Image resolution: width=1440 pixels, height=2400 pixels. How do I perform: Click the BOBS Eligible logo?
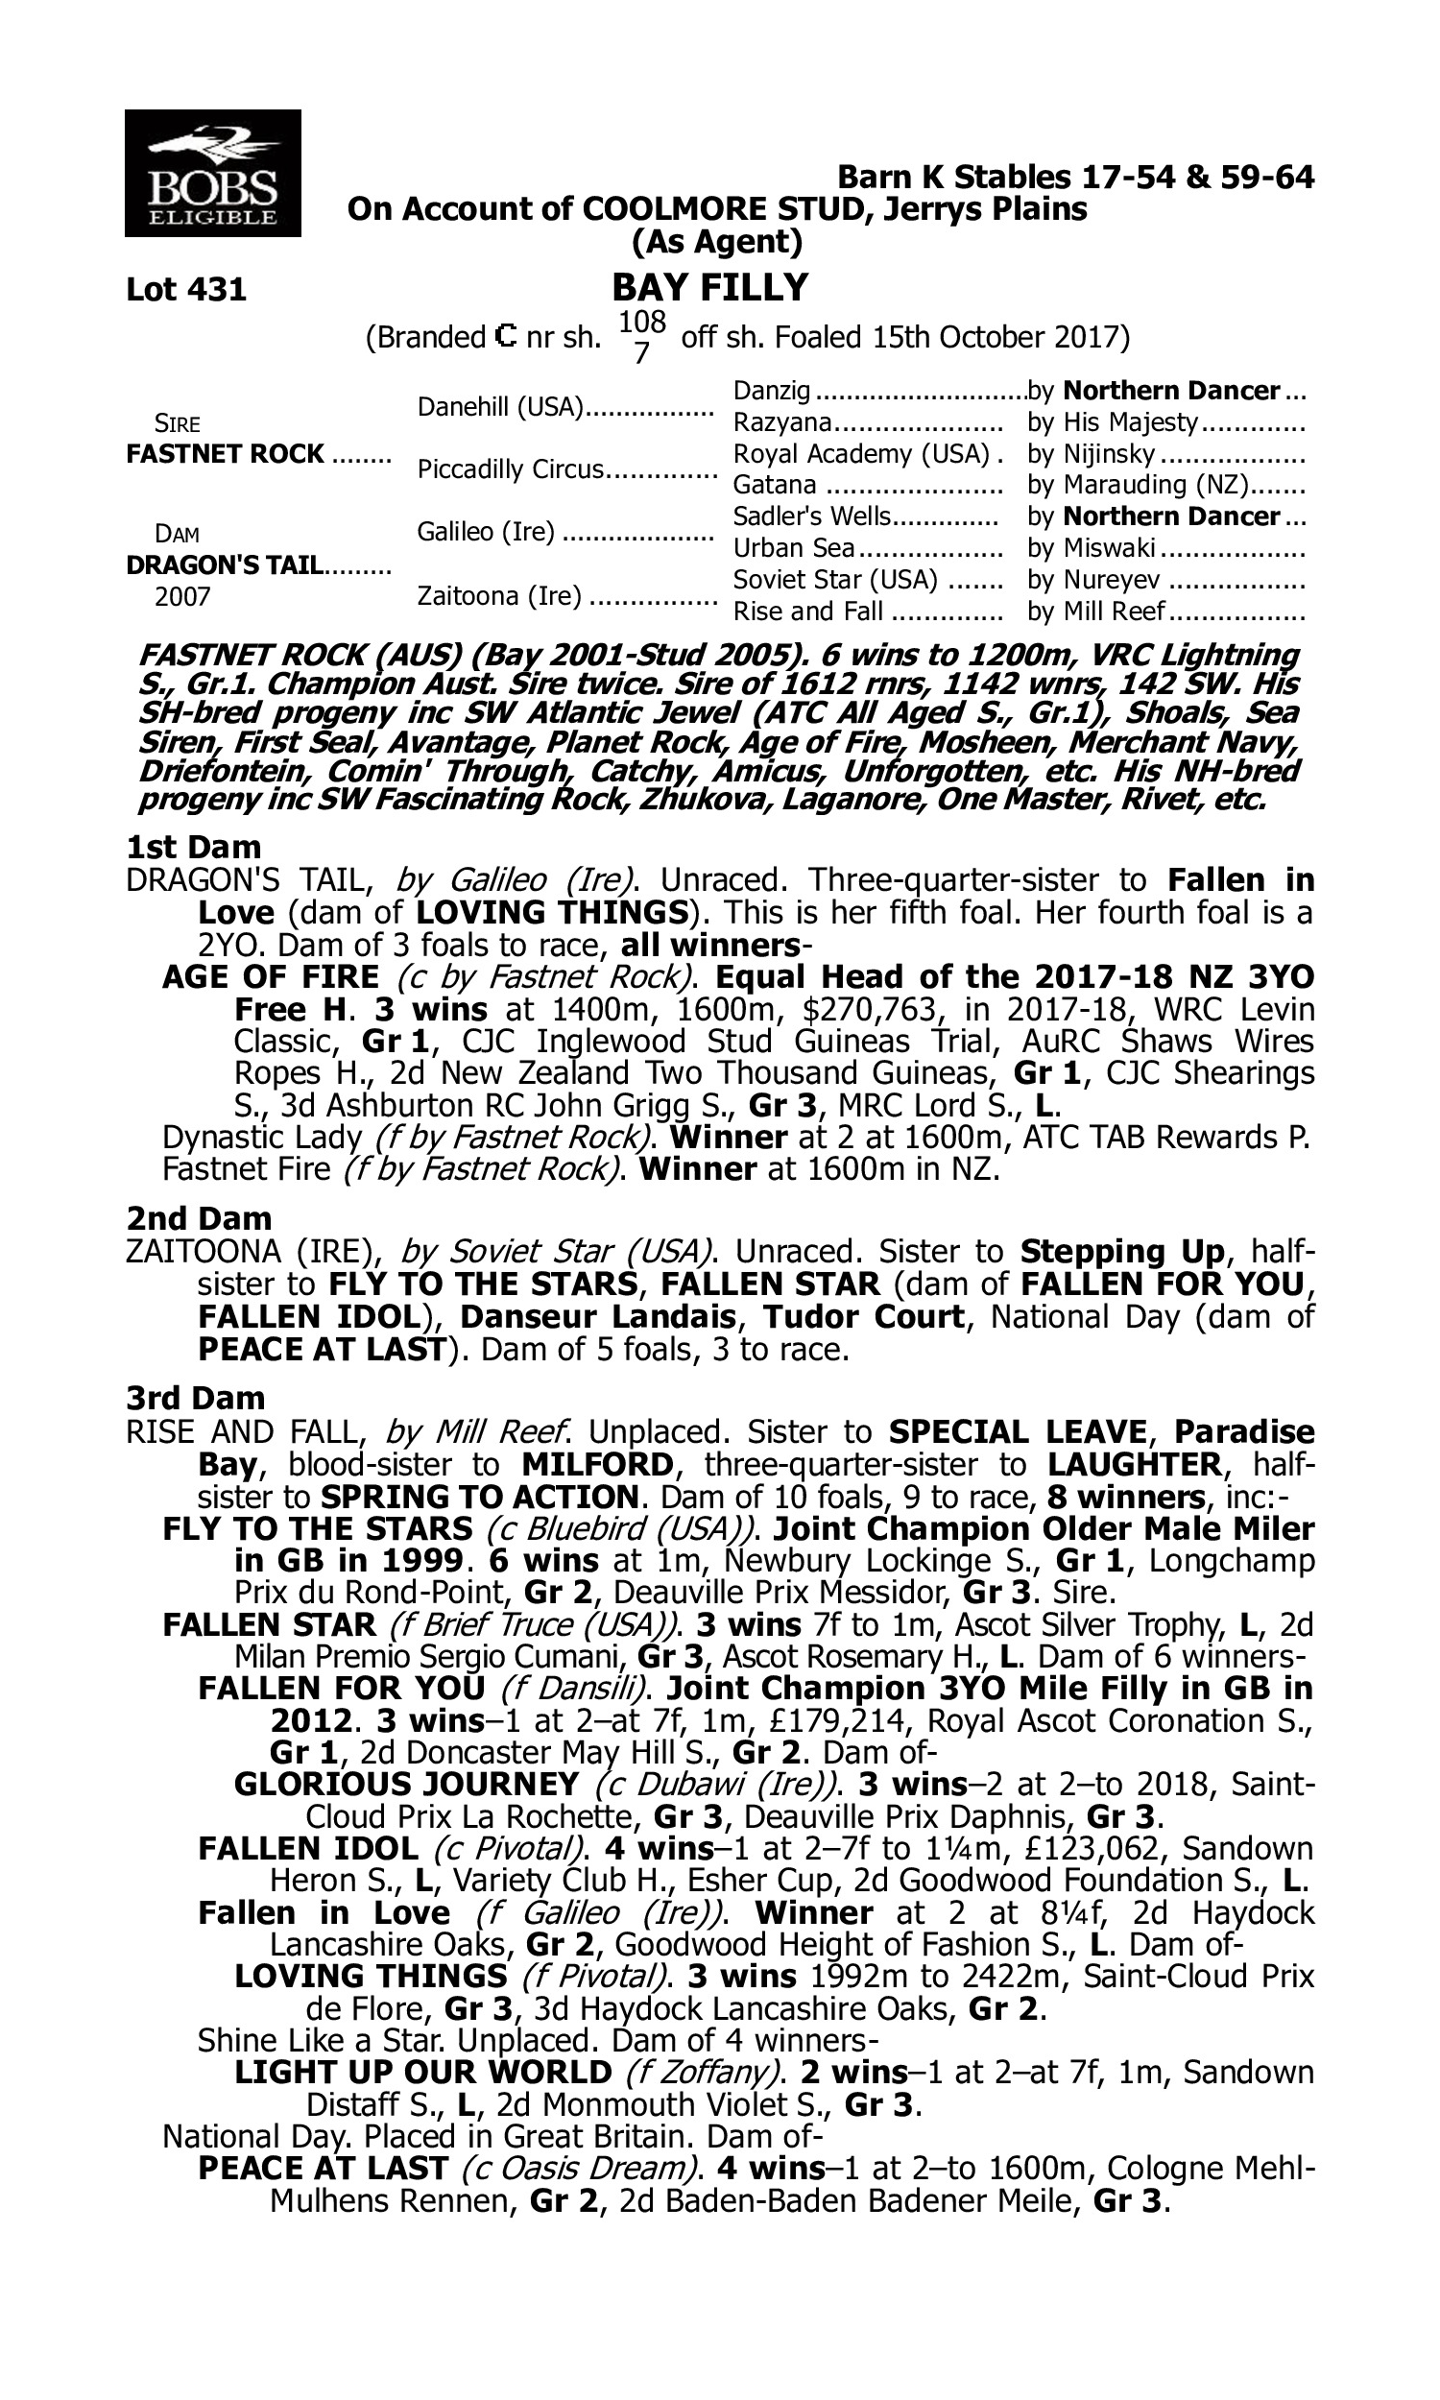pos(212,173)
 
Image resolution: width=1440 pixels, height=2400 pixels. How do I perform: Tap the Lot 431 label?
pos(186,289)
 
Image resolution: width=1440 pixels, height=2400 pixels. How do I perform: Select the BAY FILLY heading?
pos(709,288)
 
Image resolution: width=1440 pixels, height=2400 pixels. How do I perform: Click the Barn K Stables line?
pos(1075,178)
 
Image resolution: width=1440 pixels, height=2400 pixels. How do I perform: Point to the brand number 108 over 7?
pos(641,337)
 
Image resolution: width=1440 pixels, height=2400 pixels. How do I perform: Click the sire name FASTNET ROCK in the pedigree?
pos(226,454)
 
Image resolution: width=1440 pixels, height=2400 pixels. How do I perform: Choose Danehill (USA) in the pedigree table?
pos(499,407)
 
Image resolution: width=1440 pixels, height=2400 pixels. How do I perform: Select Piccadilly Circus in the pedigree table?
pos(511,469)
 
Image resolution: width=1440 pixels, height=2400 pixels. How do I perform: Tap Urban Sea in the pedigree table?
pos(794,548)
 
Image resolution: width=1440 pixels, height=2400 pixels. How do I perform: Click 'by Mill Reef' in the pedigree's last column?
pos(1096,612)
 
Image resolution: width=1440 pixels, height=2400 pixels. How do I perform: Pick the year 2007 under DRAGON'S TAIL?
pos(182,596)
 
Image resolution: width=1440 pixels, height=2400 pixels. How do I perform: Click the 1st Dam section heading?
pos(193,847)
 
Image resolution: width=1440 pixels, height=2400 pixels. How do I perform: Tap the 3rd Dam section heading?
pos(196,1398)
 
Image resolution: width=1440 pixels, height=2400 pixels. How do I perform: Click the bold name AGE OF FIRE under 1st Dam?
pos(271,976)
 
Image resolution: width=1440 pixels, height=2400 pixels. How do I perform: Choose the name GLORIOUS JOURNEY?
pos(407,1784)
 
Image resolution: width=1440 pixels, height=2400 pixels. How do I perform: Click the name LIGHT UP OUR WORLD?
pos(423,2072)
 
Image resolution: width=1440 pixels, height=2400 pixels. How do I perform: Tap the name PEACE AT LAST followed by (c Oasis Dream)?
pos(324,2168)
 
